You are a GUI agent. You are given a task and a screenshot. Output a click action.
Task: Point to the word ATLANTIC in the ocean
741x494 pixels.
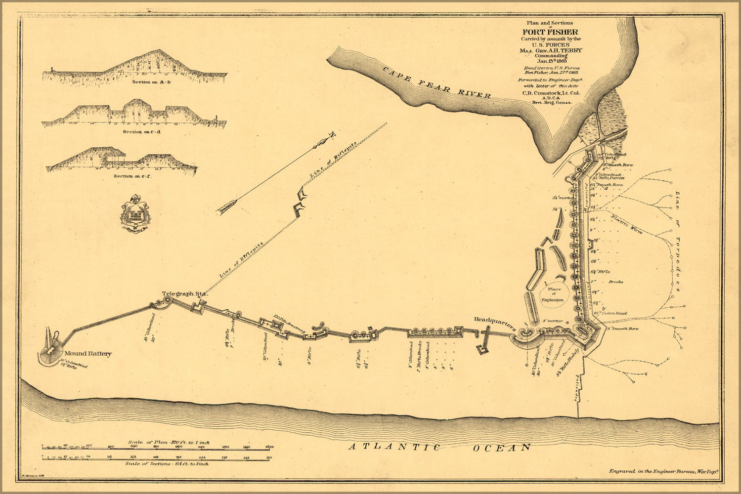coord(394,447)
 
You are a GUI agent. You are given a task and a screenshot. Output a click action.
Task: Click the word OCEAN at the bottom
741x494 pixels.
coord(501,448)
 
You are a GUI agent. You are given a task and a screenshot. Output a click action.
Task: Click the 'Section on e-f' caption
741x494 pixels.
coord(132,176)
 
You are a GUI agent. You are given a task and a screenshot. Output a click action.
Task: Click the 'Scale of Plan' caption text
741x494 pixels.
coord(168,442)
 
